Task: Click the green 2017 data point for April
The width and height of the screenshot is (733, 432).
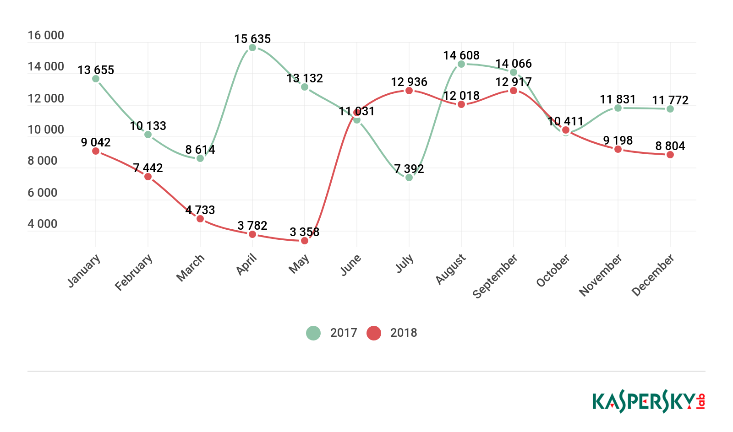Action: [252, 48]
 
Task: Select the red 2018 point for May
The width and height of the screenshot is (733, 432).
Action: [305, 241]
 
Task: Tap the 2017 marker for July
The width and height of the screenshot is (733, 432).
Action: [409, 178]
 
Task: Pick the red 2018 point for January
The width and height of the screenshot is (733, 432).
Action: [96, 151]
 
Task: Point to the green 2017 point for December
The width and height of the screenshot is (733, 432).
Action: [670, 109]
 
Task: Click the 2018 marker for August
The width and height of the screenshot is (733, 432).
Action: [461, 104]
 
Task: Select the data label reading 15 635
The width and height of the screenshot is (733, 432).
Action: [252, 39]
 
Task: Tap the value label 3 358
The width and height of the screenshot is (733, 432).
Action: [305, 232]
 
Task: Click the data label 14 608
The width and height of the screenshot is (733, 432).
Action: [461, 55]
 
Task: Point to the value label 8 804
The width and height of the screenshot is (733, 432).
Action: [670, 146]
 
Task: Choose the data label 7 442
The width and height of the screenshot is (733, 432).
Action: [148, 168]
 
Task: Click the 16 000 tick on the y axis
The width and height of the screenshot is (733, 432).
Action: [46, 35]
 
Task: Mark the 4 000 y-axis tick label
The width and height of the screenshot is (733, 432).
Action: [43, 224]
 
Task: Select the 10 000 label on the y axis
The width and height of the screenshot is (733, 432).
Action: [46, 130]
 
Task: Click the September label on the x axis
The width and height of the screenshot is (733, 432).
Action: [495, 276]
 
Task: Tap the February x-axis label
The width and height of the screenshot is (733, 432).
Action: [134, 272]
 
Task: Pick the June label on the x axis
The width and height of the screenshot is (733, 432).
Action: [351, 265]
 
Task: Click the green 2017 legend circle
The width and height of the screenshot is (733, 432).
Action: [313, 333]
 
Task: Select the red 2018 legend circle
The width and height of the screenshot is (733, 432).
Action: [374, 333]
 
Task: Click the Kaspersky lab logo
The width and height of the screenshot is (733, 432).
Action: [649, 402]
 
